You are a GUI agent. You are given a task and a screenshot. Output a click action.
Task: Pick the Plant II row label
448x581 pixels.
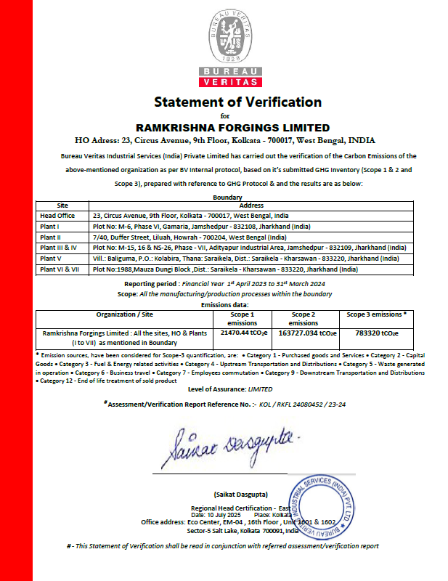point(50,237)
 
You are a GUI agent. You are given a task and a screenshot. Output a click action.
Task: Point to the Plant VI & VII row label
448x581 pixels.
point(57,269)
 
